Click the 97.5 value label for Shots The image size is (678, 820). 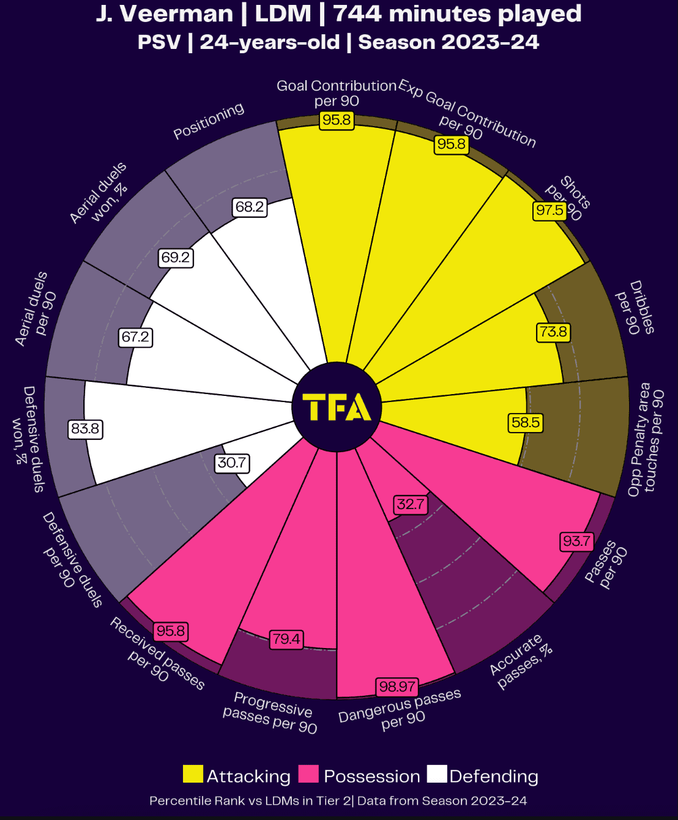click(549, 211)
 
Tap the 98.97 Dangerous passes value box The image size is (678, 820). click(397, 687)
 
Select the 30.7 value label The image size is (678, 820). click(232, 463)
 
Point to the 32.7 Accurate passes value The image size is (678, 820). click(410, 504)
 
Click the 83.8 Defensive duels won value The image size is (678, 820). click(85, 429)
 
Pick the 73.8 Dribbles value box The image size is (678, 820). click(553, 332)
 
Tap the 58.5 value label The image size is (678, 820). click(526, 423)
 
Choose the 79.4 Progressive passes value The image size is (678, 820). click(286, 639)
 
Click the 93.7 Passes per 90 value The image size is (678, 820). click(576, 541)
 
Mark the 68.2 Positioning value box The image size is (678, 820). click(250, 207)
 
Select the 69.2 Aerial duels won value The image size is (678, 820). click(176, 258)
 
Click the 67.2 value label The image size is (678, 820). click(135, 337)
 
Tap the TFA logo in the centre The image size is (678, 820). click(337, 408)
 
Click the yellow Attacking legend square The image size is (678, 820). click(193, 774)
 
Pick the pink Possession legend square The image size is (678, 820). click(308, 774)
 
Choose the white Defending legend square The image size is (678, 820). click(437, 774)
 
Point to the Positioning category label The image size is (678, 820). click(209, 121)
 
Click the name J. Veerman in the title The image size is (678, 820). click(164, 14)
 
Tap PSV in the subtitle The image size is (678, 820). click(159, 42)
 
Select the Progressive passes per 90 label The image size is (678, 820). click(270, 713)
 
